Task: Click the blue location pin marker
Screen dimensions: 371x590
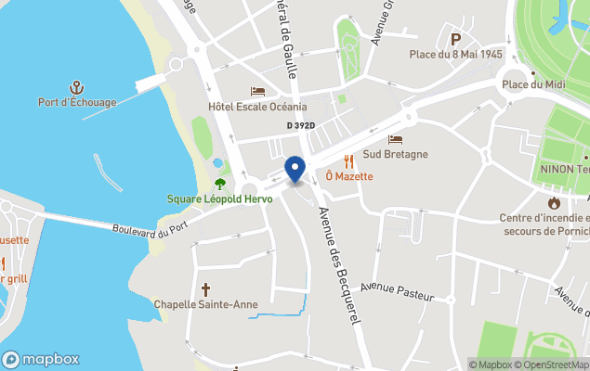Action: (x=295, y=169)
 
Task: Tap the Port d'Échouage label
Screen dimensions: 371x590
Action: (x=77, y=102)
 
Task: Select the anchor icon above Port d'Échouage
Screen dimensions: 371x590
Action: (x=77, y=87)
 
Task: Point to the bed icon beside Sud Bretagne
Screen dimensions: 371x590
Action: (x=396, y=139)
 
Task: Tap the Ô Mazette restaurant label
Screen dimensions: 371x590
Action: (x=349, y=176)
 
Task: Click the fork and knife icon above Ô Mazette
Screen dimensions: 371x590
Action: (x=349, y=161)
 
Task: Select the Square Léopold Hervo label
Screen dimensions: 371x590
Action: (x=218, y=198)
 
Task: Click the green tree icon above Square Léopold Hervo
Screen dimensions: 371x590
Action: (x=219, y=184)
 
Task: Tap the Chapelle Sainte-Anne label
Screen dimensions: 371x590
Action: (x=205, y=304)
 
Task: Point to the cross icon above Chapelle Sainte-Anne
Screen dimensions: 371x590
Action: (x=205, y=289)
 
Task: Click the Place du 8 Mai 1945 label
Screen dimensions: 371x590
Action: (x=456, y=54)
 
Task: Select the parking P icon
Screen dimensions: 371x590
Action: (x=456, y=39)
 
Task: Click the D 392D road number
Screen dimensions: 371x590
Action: (x=300, y=125)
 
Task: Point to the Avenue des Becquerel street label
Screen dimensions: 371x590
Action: (x=339, y=264)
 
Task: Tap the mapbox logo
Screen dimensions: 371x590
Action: (x=41, y=359)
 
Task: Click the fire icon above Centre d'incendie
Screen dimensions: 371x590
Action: (x=555, y=203)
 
